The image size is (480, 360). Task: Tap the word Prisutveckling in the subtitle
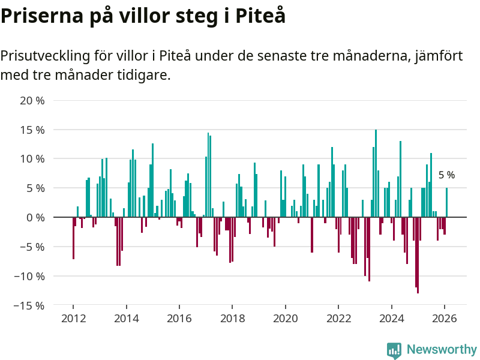[x=46, y=56]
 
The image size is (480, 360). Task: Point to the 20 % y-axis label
[x=32, y=100]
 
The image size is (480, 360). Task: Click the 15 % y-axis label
[x=32, y=130]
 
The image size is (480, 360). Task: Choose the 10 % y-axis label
[x=32, y=159]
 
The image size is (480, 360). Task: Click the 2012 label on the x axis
[x=73, y=319]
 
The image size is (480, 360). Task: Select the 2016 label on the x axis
[x=179, y=319]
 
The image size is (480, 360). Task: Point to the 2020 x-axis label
[x=286, y=319]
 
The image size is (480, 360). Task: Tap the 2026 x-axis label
[x=445, y=319]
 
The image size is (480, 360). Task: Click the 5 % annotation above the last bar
[x=446, y=176]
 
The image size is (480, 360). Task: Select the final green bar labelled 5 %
[x=446, y=203]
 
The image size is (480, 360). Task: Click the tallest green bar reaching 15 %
[x=376, y=174]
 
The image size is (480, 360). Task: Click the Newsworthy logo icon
[x=394, y=350]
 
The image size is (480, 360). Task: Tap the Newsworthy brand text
[x=442, y=349]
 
